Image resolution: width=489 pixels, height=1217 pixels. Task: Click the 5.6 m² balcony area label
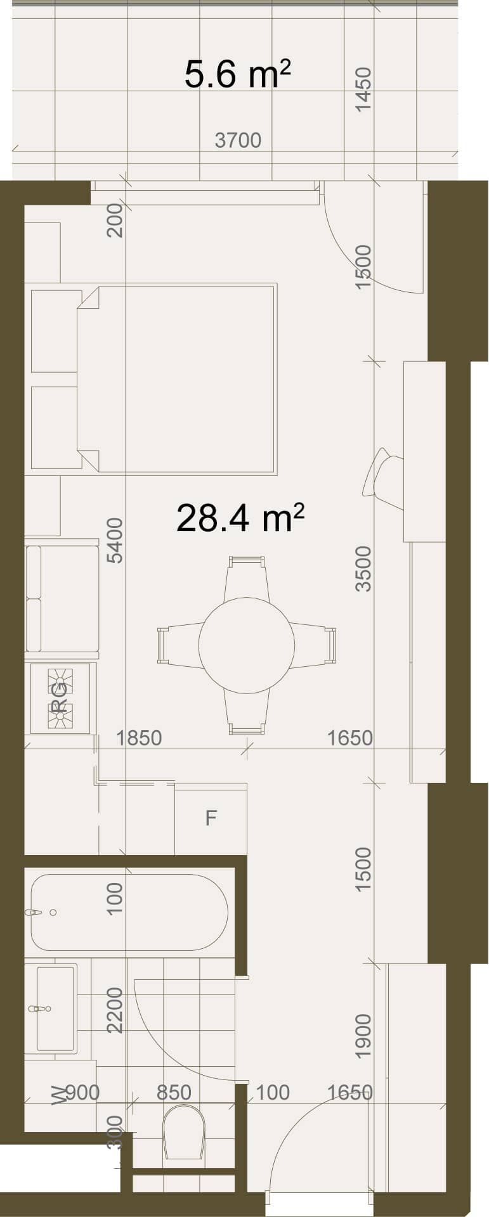(238, 74)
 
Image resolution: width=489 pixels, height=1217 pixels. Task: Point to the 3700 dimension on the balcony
(238, 140)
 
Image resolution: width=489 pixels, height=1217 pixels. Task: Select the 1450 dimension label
(363, 90)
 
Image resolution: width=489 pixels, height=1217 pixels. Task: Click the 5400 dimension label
(115, 541)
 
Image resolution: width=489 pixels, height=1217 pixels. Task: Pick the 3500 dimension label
(363, 569)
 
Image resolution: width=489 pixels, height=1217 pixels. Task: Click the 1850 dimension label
(139, 738)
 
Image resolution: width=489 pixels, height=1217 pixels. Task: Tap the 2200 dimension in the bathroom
(115, 1010)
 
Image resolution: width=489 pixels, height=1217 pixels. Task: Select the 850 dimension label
(174, 1093)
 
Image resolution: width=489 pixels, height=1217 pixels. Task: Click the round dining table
(247, 645)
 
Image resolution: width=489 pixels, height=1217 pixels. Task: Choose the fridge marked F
(211, 818)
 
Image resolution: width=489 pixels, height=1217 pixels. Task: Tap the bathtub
(129, 912)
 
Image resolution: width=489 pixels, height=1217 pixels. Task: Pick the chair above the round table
(247, 579)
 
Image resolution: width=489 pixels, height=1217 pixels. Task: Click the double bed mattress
(177, 379)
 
